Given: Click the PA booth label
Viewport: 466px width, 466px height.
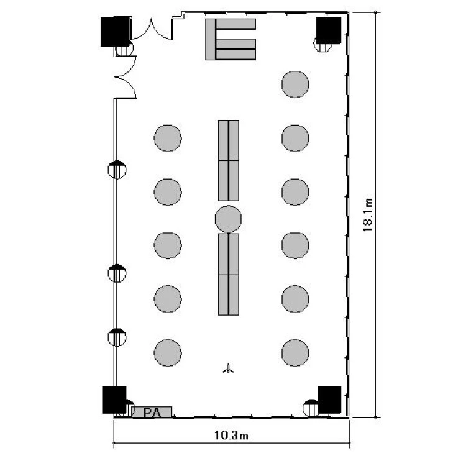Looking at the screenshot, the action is pyautogui.click(x=152, y=413).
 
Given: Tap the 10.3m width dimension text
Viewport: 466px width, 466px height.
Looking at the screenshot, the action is pyautogui.click(x=231, y=436).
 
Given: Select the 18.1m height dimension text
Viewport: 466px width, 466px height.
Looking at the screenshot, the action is pyautogui.click(x=367, y=215).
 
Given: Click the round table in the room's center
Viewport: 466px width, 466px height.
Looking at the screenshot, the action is pyautogui.click(x=228, y=219).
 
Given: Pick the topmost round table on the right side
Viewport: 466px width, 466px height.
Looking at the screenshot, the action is pyautogui.click(x=295, y=85).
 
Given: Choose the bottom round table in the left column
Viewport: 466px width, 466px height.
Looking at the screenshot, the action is pyautogui.click(x=168, y=353).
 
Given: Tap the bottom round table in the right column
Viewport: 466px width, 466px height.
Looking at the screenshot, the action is pyautogui.click(x=295, y=353).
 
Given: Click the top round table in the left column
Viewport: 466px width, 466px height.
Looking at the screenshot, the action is pyautogui.click(x=168, y=138).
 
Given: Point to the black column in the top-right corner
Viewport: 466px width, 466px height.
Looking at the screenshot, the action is pyautogui.click(x=329, y=30).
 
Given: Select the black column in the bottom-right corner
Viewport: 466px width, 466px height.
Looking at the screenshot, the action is pyautogui.click(x=329, y=400).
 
